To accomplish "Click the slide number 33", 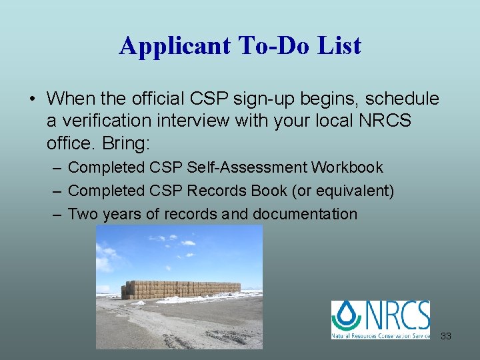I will coord(446,336).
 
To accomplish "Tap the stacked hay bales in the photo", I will coord(181,289).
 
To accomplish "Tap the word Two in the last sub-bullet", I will coord(83,214).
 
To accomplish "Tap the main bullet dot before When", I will coord(32,100).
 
